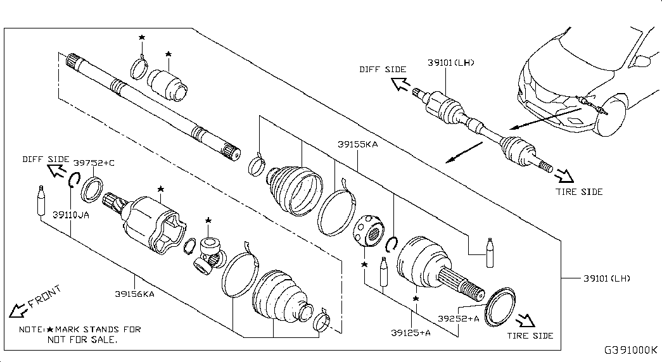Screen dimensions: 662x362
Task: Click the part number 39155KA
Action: coord(357,144)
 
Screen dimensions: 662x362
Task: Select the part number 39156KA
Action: coord(135,294)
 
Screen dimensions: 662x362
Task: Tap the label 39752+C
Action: coord(94,163)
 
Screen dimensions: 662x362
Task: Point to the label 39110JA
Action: coord(71,215)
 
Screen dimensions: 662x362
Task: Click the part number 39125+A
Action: coord(411,332)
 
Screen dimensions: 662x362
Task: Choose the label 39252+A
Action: coord(459,318)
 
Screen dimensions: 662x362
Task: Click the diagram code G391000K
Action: coord(631,350)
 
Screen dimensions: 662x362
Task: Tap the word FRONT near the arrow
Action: coord(45,296)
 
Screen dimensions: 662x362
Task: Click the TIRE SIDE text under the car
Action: coord(579,192)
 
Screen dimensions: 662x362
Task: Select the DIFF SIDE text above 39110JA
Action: coord(46,159)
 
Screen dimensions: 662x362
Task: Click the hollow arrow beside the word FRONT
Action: coord(18,311)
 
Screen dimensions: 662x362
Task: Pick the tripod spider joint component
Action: coord(209,256)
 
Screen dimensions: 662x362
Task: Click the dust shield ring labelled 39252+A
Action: coord(500,307)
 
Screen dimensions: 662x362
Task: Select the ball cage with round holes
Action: coord(368,230)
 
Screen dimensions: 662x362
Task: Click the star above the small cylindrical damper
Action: coord(169,54)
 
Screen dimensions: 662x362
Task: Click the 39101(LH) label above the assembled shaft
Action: coord(451,63)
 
